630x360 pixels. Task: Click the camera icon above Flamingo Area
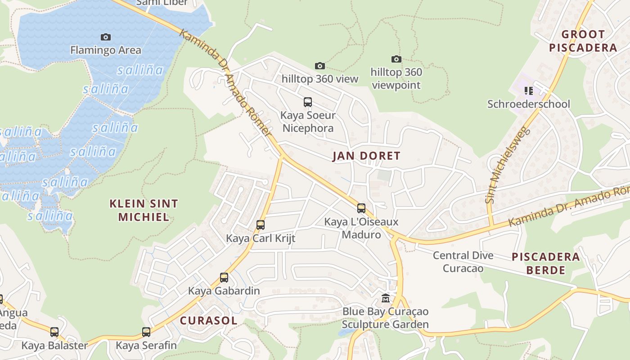point(106,37)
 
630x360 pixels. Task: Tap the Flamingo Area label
point(106,50)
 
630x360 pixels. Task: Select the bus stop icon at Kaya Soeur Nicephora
point(308,102)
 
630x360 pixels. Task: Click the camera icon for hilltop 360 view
point(319,66)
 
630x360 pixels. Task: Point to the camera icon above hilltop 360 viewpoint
point(396,59)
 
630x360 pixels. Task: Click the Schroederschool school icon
point(529,91)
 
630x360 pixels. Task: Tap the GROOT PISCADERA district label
point(583,41)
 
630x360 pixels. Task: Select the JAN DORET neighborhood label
point(366,156)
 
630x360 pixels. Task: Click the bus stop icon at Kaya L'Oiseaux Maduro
point(361,208)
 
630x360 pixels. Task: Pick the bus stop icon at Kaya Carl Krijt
point(260,225)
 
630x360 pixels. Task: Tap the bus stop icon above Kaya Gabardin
point(224,278)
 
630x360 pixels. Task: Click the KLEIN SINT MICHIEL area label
point(144,210)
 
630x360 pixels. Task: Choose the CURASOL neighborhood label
point(208,320)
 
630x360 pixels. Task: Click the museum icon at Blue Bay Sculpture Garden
point(386,298)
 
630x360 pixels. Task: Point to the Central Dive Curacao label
point(463,262)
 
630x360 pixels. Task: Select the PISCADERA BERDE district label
point(546,263)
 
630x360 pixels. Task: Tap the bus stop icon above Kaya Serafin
point(146,332)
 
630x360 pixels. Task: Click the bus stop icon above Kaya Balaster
point(54,332)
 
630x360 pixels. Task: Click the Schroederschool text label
point(529,104)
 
